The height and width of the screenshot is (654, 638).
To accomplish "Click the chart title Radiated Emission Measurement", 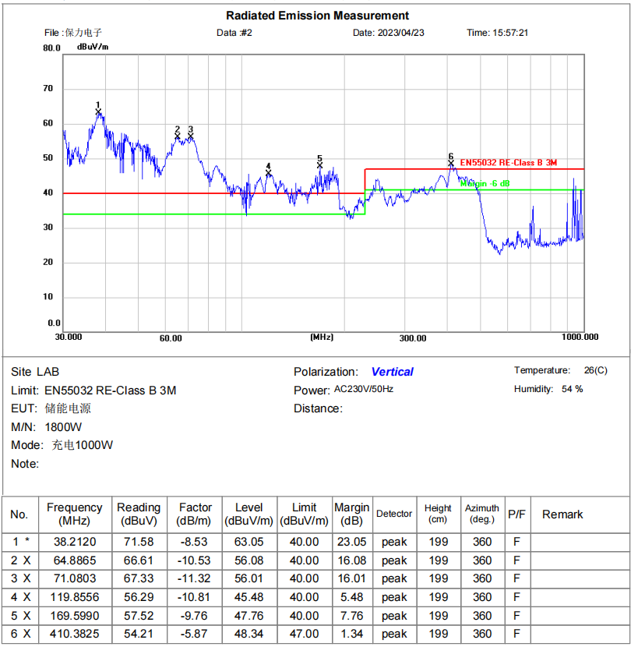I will coord(317,16).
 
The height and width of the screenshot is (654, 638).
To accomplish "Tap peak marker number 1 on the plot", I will coord(99,111).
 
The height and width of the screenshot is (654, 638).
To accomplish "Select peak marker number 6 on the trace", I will coord(450,163).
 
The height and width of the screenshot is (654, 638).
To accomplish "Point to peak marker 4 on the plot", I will coord(269,173).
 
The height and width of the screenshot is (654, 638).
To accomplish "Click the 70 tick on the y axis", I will coord(48,89).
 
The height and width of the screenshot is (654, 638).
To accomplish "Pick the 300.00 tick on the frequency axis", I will coord(413,338).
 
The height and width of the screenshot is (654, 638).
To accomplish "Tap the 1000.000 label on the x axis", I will coord(580,337).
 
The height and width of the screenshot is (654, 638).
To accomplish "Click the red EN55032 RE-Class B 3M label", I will coord(508,162).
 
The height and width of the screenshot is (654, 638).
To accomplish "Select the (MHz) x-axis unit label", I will coord(322,337).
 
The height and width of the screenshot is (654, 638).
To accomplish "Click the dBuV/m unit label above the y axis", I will coord(93,47).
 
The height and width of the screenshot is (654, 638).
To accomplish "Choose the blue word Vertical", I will coord(392,372).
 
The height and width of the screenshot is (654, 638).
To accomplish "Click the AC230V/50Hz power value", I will coord(364,388).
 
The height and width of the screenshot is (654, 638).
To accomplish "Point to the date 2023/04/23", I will coord(400,33).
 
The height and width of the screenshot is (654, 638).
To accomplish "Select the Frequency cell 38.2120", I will coord(75,542).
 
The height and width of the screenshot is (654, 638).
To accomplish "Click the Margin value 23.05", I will coord(351,542).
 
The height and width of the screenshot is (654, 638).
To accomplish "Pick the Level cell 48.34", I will coord(249,634).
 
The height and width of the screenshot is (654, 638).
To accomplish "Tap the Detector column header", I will coord(394,514).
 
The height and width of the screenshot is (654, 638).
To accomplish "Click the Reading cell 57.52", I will coord(139,616).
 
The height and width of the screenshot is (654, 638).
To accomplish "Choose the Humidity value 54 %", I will coord(572,389).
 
